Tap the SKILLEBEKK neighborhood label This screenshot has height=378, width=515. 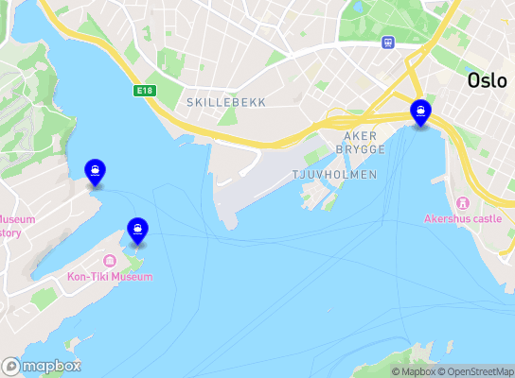[x=226, y=101]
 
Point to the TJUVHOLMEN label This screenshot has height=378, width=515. [x=334, y=175]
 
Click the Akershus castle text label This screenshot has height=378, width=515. [x=462, y=218]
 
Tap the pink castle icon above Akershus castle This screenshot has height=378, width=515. [x=463, y=202]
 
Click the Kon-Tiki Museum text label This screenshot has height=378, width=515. [x=110, y=277]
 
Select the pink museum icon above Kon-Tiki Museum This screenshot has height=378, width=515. [x=110, y=261]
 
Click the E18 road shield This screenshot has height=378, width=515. [x=144, y=91]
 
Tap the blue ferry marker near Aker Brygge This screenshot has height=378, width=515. [x=420, y=112]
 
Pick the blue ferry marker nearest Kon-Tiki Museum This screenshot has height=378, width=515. [x=138, y=230]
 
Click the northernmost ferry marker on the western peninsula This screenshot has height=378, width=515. [x=95, y=171]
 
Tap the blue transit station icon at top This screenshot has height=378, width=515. [x=388, y=43]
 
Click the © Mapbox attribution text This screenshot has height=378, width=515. [x=411, y=371]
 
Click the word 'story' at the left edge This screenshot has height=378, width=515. [x=10, y=232]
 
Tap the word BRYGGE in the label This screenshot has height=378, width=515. [x=364, y=149]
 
